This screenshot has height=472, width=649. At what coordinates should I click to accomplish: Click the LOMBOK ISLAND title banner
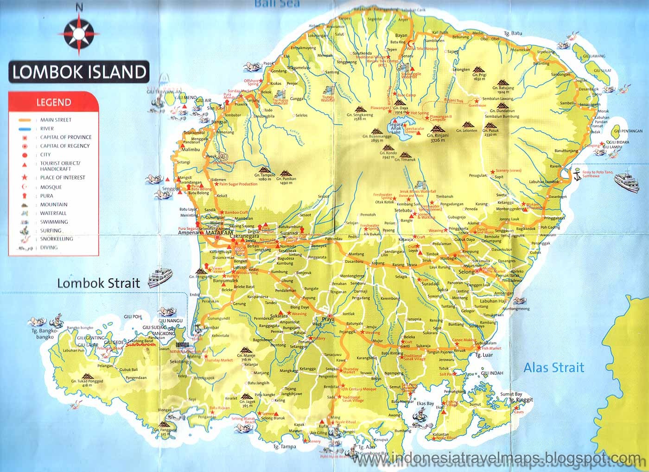[79, 72]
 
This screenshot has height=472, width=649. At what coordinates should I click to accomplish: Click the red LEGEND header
[54, 102]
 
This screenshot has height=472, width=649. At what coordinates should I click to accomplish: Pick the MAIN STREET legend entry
[56, 120]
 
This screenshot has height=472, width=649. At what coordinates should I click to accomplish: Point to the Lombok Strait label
[98, 283]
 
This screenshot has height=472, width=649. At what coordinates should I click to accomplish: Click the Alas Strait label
[554, 368]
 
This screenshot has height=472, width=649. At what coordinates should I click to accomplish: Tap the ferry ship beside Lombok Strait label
[159, 277]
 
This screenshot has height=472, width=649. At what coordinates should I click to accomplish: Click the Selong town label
[466, 272]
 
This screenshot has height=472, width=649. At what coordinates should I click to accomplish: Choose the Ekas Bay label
[425, 403]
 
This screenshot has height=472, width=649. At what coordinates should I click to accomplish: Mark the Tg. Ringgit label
[521, 400]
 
